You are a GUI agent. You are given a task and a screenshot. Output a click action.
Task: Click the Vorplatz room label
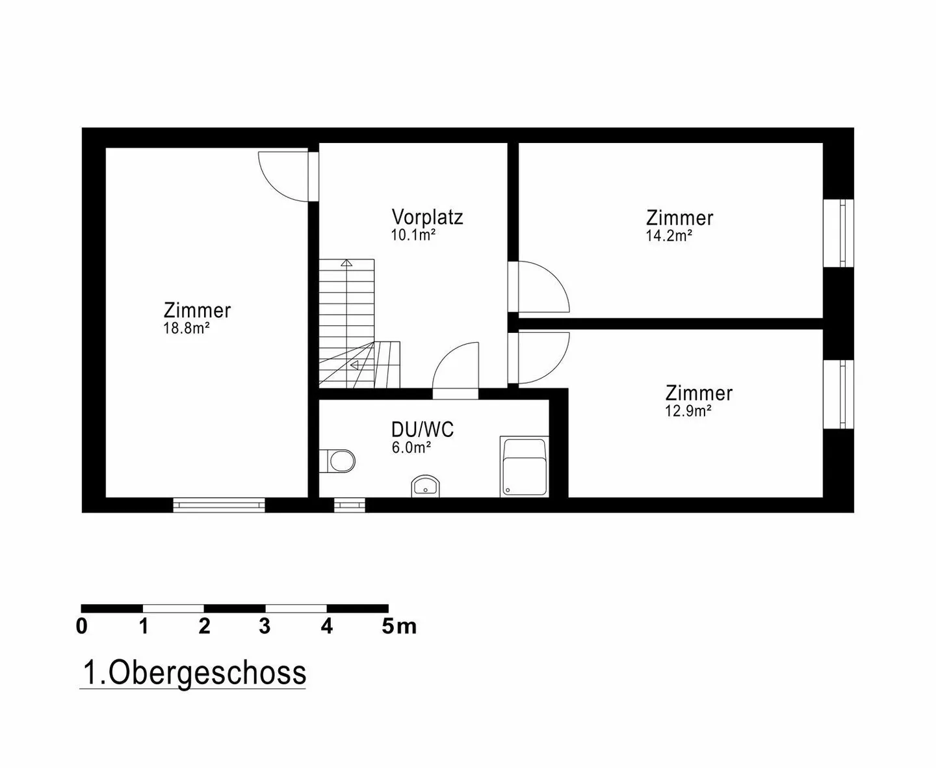pyautogui.click(x=427, y=217)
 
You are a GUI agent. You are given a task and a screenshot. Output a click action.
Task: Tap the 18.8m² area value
pyautogui.click(x=186, y=328)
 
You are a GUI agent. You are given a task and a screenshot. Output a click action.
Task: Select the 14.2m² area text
pyautogui.click(x=668, y=236)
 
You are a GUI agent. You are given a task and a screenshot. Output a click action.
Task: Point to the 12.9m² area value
pyautogui.click(x=688, y=411)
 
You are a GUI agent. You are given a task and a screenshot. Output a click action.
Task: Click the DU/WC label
pyautogui.click(x=422, y=429)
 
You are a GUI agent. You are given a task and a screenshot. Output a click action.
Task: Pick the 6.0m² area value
pyautogui.click(x=411, y=447)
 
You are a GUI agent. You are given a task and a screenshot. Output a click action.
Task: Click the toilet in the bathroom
pyautogui.click(x=339, y=460)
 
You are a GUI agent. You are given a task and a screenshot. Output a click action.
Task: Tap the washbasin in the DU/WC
pyautogui.click(x=426, y=485)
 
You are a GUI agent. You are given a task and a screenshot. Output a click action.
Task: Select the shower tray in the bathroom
pyautogui.click(x=524, y=468)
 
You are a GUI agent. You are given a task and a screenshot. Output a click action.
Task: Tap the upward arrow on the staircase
pyautogui.click(x=347, y=263)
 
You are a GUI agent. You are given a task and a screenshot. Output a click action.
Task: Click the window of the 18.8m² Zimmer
pyautogui.click(x=219, y=505)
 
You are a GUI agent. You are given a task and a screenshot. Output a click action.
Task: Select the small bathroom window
pyautogui.click(x=350, y=505)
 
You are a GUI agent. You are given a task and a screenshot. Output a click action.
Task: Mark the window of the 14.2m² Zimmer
pyautogui.click(x=838, y=233)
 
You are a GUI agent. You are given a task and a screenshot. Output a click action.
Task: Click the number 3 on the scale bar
pyautogui.click(x=265, y=626)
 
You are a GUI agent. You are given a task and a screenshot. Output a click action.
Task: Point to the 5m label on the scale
pyautogui.click(x=398, y=626)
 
